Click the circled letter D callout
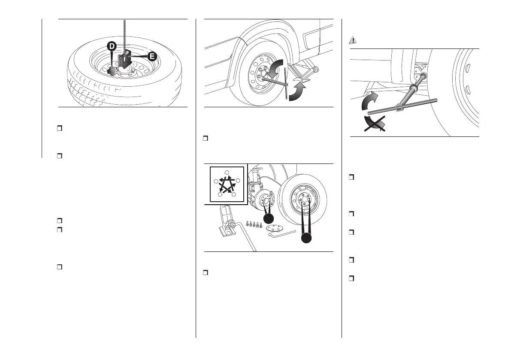coord(111,45)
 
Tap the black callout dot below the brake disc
coord(269,219)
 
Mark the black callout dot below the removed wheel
coord(306,238)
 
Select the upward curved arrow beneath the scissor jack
coord(297,92)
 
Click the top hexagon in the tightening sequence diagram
coord(226,172)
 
